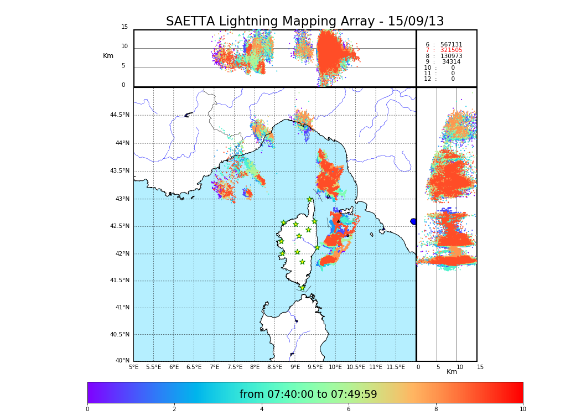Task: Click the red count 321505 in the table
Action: [x=451, y=50]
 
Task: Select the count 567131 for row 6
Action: [x=451, y=45]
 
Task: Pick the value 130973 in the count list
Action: [x=451, y=56]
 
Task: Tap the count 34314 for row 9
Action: [x=451, y=62]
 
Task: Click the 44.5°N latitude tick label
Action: [x=120, y=115]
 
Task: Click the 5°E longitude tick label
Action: [x=134, y=367]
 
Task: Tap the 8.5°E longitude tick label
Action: [x=274, y=367]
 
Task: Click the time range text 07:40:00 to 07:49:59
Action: [x=308, y=395]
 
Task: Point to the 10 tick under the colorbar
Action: [x=522, y=409]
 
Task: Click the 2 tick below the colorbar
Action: [x=174, y=409]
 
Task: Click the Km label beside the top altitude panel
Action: [x=108, y=56]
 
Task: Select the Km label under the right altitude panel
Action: [x=452, y=372]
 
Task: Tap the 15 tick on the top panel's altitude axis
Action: [x=124, y=27]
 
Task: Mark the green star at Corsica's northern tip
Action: [x=310, y=200]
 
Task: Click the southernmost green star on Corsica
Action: [x=302, y=288]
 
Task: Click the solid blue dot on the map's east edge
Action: [x=413, y=221]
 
